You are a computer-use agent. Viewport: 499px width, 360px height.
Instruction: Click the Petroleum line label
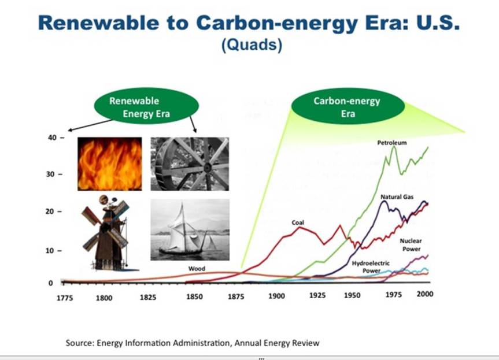(x=392, y=142)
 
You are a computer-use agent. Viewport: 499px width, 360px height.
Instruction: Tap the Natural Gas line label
(x=397, y=197)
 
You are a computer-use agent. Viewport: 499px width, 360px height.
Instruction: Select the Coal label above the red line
(x=297, y=222)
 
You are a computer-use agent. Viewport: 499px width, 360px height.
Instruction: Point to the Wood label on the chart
(x=197, y=269)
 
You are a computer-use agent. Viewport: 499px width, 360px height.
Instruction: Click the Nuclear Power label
(x=412, y=244)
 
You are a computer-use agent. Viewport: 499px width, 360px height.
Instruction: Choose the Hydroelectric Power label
(x=371, y=267)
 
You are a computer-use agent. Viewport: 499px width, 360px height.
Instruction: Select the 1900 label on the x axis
(x=276, y=296)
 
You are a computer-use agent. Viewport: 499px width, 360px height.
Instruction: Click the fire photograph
(x=110, y=164)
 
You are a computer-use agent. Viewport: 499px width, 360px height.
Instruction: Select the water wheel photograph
(x=190, y=164)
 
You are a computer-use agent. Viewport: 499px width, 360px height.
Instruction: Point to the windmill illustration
(x=108, y=233)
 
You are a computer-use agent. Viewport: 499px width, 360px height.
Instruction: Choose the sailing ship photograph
(x=190, y=229)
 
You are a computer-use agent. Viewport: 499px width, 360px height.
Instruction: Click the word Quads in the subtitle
(x=252, y=46)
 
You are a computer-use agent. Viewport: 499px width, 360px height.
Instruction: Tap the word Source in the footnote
(x=79, y=343)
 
